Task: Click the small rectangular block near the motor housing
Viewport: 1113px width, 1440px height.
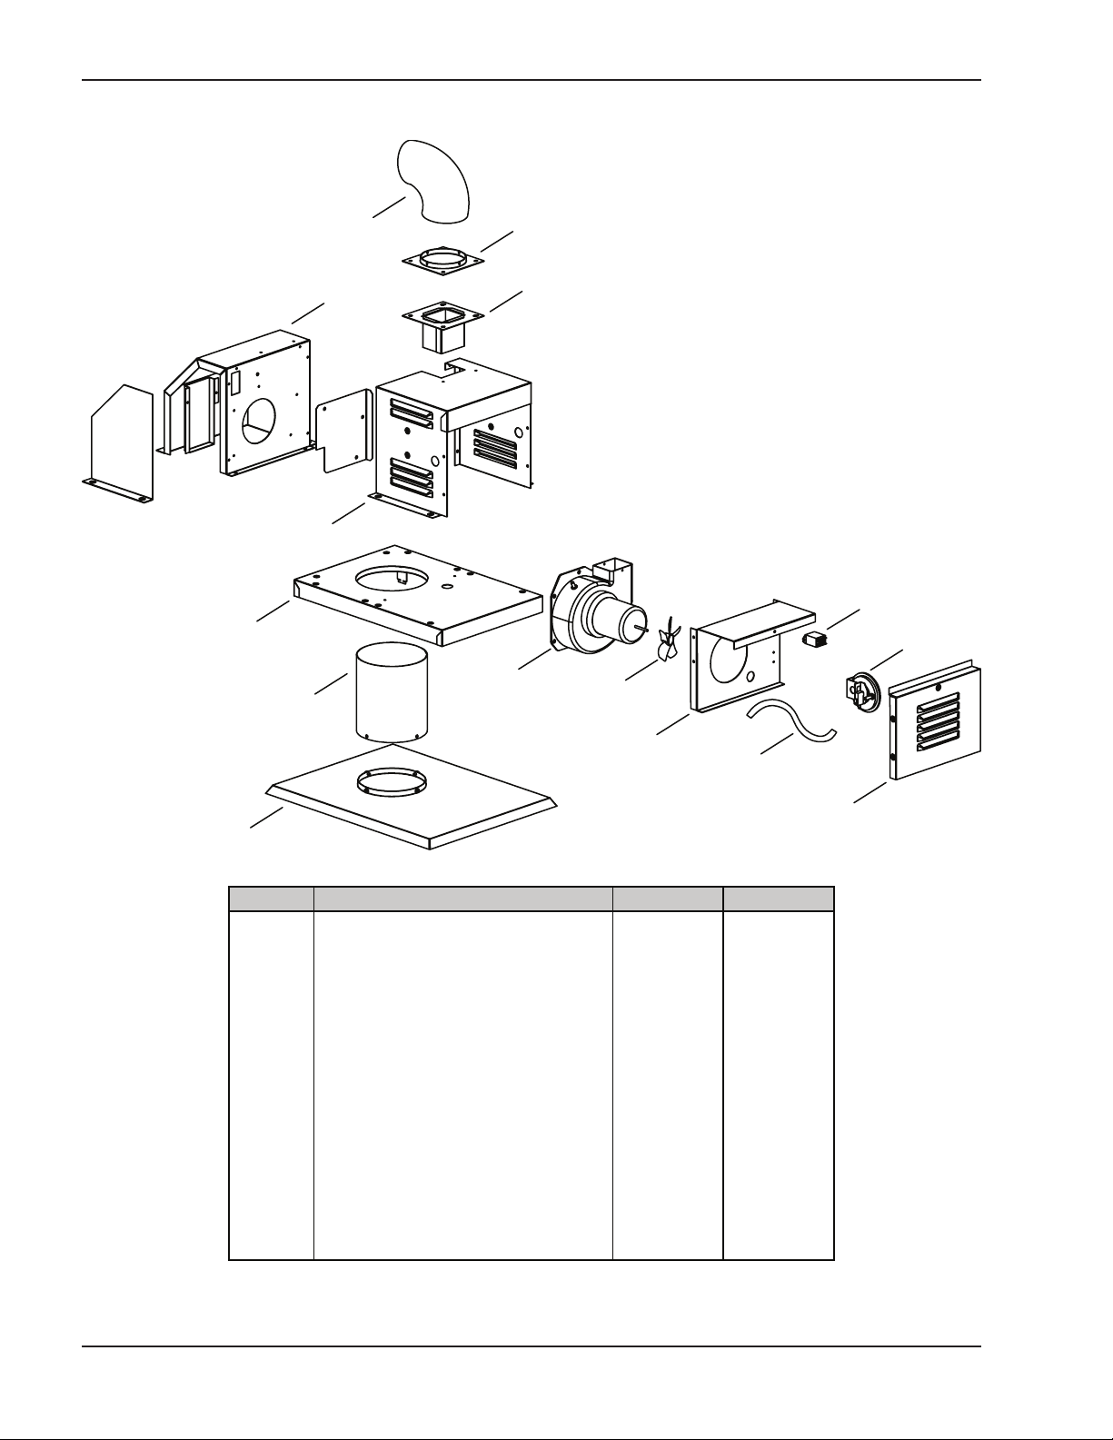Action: pyautogui.click(x=814, y=639)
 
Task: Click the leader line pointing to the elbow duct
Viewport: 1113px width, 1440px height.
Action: pyautogui.click(x=389, y=207)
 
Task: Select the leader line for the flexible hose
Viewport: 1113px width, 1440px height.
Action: pyautogui.click(x=775, y=744)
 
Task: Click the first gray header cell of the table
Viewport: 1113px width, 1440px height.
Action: pyautogui.click(x=271, y=899)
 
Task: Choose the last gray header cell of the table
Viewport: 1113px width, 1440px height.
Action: pyautogui.click(x=778, y=899)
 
